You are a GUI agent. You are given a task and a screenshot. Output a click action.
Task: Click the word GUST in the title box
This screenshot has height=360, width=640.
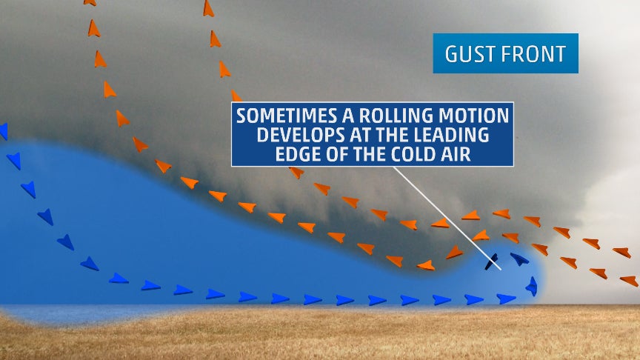pos(469,54)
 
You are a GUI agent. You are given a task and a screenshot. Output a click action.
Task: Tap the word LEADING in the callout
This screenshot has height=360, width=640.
pos(450,135)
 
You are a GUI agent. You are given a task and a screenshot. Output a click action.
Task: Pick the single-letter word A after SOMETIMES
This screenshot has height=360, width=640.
pos(348,116)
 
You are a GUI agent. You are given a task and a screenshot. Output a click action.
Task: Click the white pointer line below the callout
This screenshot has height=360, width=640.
pos(447,218)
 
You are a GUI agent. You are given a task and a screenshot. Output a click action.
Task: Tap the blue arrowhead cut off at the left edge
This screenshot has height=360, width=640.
pos(4,131)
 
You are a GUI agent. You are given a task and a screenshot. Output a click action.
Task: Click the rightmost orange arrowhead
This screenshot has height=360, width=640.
pos(629,281)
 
